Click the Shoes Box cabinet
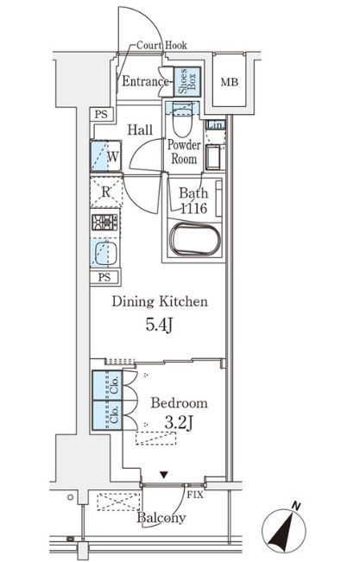186,81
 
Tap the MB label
229,82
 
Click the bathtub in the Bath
195,240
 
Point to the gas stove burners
104,222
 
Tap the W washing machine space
106,156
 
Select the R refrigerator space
106,193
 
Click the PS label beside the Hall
101,115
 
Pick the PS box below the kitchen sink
105,277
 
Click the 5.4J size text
160,325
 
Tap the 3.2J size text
179,424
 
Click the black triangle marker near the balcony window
164,476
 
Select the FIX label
195,496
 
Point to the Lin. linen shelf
216,124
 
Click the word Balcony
161,518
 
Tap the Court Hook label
161,46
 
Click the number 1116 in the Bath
193,208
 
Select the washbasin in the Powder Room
214,157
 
